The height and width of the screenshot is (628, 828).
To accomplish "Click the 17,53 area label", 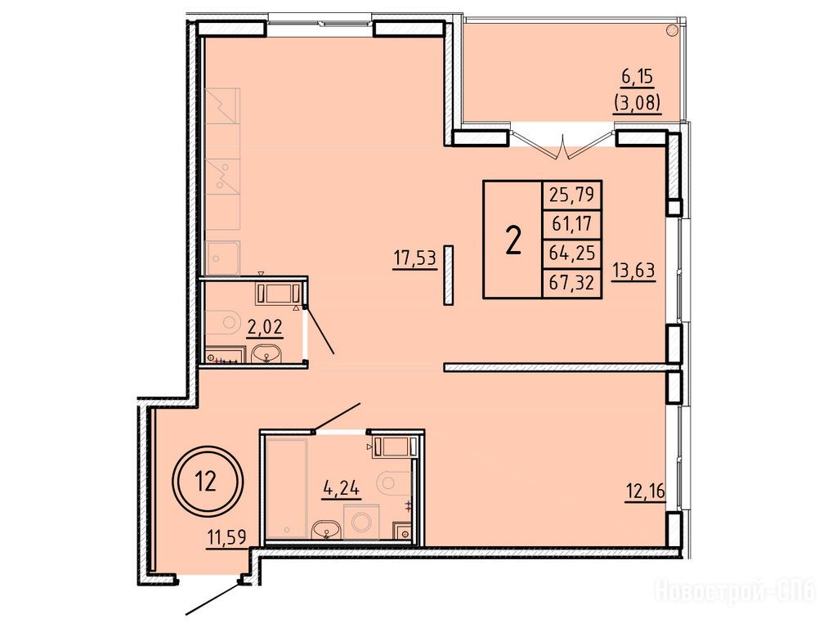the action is pos(414,259).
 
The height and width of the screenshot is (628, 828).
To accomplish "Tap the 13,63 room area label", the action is pos(633,271).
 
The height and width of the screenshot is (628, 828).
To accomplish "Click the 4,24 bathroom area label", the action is pos(342,488).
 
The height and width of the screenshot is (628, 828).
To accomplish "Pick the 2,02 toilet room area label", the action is pos(265,327).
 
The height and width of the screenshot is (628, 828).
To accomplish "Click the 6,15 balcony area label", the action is pos(638,78).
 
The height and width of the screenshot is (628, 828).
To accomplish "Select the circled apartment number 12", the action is pos(208,481).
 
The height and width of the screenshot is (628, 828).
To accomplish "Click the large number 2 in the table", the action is pos(513,240).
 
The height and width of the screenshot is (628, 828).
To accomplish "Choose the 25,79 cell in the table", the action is pos(572,195).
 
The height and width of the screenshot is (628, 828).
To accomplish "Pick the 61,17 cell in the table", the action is pos(572,225).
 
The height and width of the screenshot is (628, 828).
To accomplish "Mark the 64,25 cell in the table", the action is pos(572,253).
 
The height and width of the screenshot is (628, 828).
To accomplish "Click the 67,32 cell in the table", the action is pos(572,283).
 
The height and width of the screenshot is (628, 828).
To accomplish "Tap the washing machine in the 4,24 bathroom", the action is pos(361,523).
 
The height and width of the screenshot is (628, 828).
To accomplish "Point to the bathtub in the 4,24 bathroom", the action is pos(287,488).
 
